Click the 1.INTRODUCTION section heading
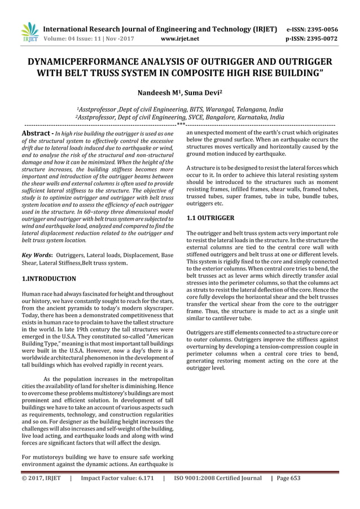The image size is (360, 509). (49, 279)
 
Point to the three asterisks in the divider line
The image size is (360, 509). (181, 124)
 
